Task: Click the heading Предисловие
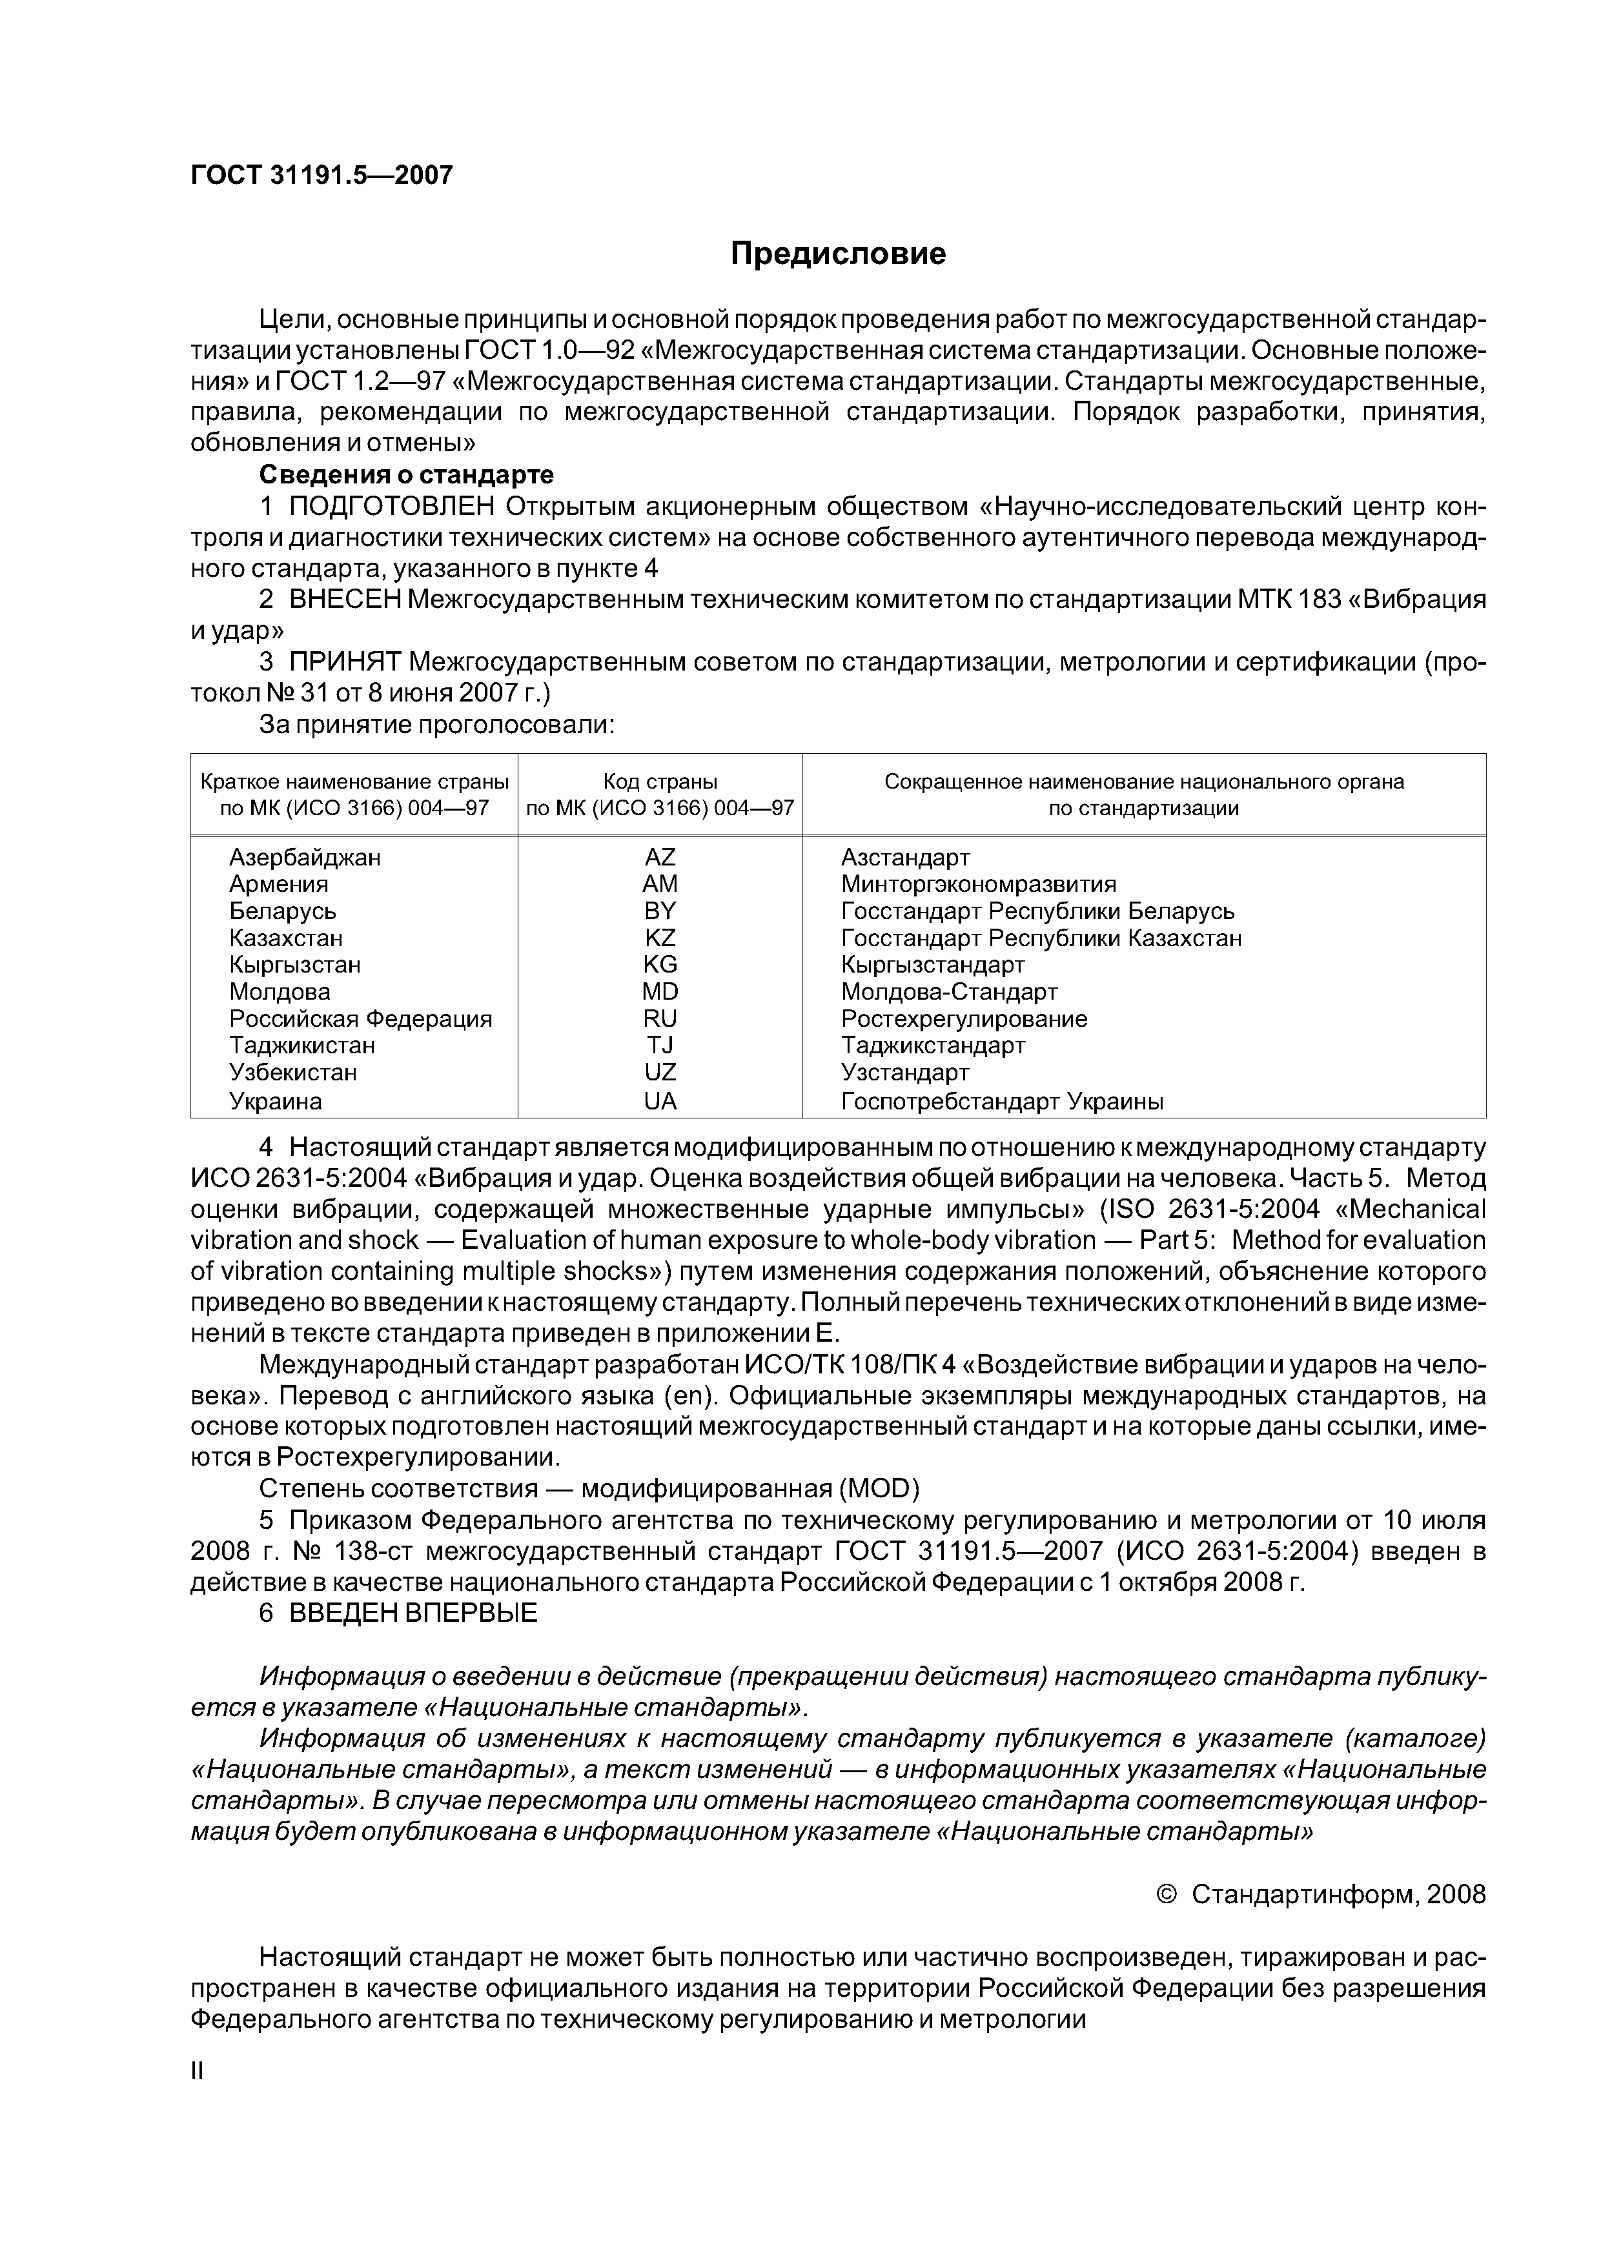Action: pos(837,254)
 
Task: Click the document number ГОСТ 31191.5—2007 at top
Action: pos(321,176)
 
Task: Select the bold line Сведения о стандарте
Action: pos(407,475)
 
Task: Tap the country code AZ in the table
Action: pos(660,857)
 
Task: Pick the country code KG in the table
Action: pos(660,964)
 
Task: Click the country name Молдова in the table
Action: pos(280,991)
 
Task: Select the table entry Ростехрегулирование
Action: pos(964,1018)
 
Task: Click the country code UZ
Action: pos(660,1072)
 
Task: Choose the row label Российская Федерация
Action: pos(360,1018)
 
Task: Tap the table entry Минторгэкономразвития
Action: pos(979,884)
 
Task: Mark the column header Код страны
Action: pos(660,782)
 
